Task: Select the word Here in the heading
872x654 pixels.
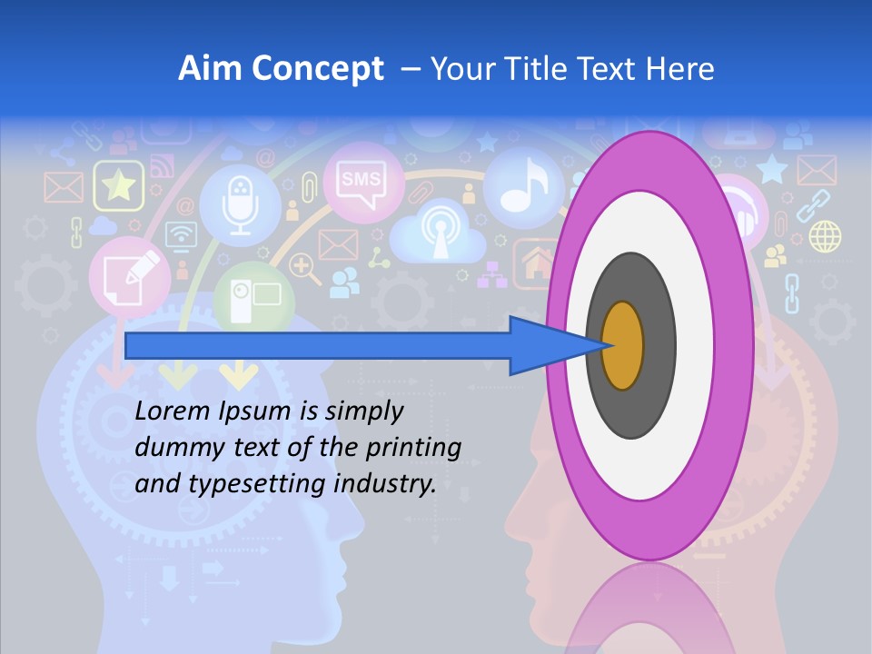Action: [x=679, y=69]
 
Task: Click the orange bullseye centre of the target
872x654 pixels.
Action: [x=622, y=346]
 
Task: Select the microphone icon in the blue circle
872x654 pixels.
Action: [x=240, y=206]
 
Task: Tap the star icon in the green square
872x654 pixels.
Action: [x=118, y=186]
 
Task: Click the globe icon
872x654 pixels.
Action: [x=825, y=236]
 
